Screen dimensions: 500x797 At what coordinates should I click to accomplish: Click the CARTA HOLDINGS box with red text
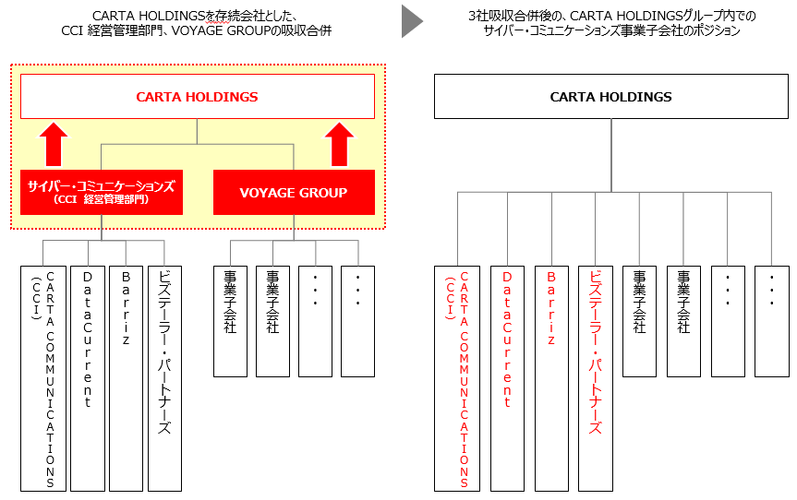pos(197,97)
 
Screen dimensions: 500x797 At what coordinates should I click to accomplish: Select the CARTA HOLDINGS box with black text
pos(610,97)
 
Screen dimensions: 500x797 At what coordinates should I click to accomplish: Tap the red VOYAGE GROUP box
pos(294,193)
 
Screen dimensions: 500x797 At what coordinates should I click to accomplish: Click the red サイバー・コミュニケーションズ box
pos(101,192)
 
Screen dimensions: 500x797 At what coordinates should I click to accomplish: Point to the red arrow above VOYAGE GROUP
pos(341,145)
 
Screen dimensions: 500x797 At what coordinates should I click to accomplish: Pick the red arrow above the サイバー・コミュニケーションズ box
pos(54,145)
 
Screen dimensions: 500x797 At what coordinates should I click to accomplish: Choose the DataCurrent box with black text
pos(88,378)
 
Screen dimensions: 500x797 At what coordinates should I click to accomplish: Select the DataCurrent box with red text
pos(507,378)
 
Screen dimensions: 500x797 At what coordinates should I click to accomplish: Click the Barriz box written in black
pos(126,378)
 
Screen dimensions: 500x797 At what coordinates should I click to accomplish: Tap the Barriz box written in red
pos(550,378)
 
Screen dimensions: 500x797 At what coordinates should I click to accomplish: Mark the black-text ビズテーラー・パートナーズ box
pos(164,378)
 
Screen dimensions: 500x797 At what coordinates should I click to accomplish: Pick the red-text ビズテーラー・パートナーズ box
pos(596,378)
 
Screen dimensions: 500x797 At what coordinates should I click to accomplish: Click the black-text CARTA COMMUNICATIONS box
pos(43,378)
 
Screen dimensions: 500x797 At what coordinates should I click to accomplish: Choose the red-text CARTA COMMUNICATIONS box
pos(457,378)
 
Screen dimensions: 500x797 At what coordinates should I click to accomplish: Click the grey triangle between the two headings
pos(411,21)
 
